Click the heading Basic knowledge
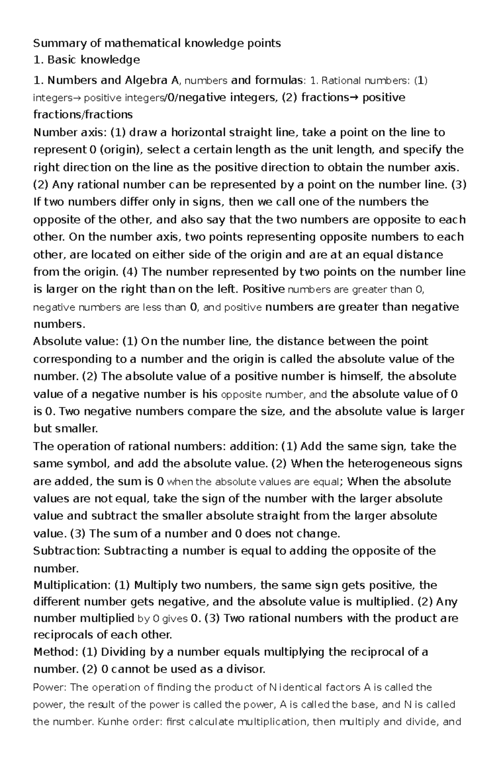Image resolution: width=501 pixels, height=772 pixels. tap(94, 60)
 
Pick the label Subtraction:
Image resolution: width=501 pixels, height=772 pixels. tap(66, 551)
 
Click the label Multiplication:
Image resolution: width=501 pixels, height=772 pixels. tap(71, 586)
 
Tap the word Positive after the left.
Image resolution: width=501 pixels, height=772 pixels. tap(263, 289)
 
